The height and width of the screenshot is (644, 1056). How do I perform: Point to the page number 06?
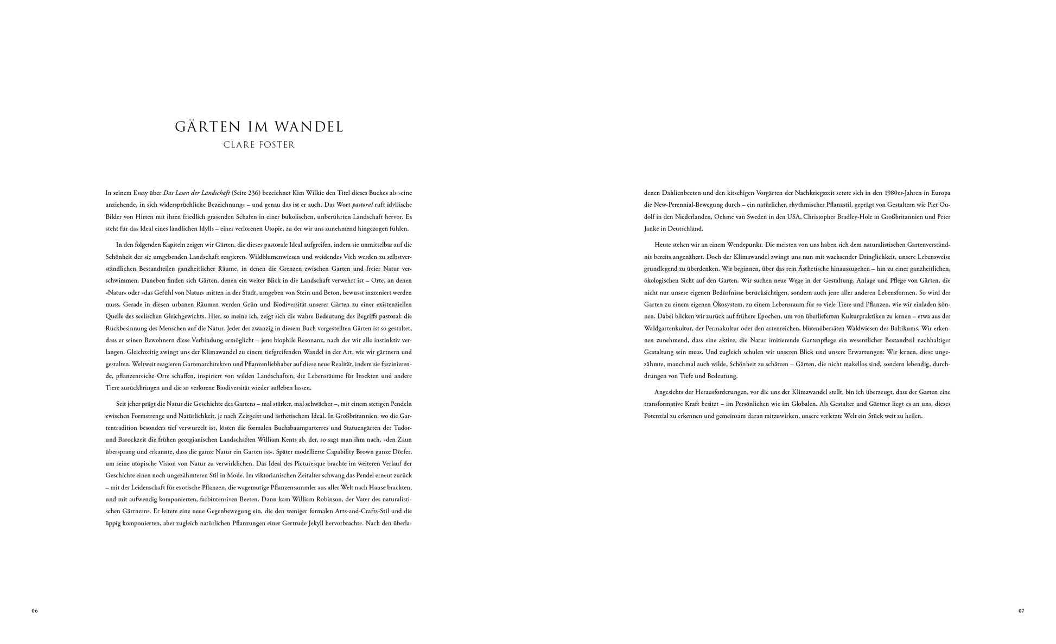coord(35,611)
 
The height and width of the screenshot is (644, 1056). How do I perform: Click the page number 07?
coord(1021,611)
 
